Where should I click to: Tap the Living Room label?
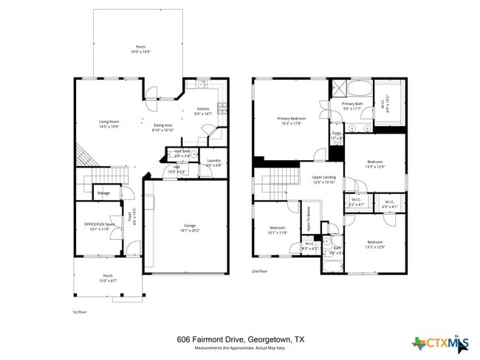coord(109,122)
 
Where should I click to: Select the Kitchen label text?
coord(203,109)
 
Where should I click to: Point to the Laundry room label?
coord(214,160)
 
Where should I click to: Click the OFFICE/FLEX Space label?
coord(99,224)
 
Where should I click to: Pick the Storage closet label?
coord(103,193)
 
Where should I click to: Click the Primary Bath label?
coord(352,105)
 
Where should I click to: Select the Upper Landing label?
coord(323,178)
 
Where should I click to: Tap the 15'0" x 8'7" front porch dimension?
coord(108,281)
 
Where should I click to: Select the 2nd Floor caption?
coord(261,271)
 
